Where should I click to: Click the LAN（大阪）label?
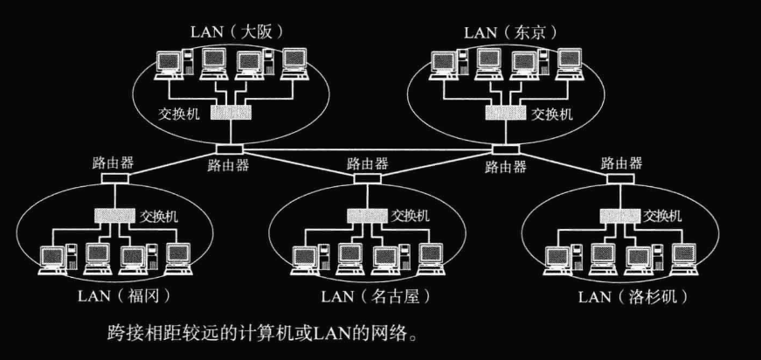click(238, 32)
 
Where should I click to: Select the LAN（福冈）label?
click(122, 296)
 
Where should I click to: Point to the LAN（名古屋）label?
click(376, 296)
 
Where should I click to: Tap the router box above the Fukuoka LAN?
click(113, 178)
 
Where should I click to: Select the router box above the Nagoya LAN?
click(365, 178)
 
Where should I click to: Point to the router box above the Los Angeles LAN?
click(618, 178)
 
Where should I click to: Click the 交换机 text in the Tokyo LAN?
click(553, 114)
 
